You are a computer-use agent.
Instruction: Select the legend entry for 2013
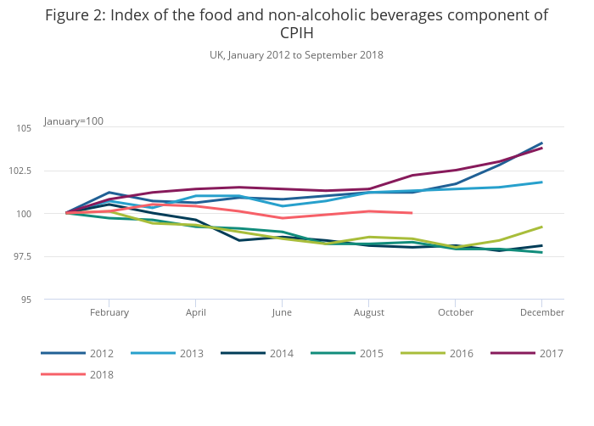(191, 353)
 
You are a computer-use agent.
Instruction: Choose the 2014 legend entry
(281, 353)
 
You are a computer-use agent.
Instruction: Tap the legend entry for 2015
(371, 353)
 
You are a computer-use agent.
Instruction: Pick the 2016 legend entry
(461, 353)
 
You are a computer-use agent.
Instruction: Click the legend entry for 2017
(551, 353)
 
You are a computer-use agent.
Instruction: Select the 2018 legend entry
(101, 374)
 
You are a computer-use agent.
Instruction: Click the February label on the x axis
(109, 312)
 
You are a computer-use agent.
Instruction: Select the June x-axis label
(282, 312)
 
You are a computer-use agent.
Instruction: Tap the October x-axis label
(455, 312)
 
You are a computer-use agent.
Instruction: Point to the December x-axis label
(542, 312)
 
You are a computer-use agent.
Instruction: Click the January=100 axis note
(74, 121)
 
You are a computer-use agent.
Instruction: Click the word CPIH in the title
(296, 34)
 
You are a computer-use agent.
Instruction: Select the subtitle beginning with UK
(296, 55)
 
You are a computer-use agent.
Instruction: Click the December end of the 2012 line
(541, 143)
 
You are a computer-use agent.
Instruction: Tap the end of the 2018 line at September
(412, 213)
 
